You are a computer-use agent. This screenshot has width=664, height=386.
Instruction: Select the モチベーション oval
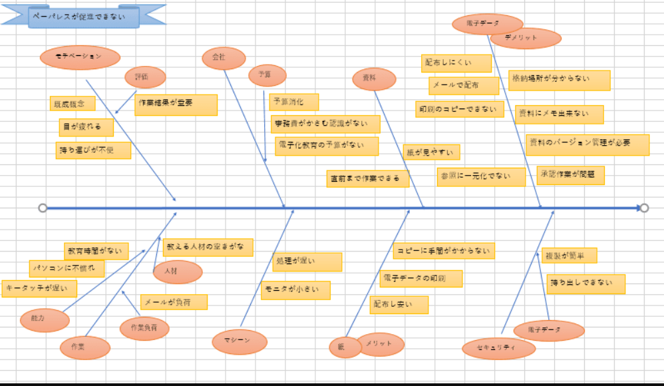[80, 57]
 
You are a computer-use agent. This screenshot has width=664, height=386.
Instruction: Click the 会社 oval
[220, 58]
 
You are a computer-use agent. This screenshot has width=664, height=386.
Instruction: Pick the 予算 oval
[267, 75]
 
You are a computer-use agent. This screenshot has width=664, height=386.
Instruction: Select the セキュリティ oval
[498, 348]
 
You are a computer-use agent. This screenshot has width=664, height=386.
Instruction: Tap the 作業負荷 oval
[144, 328]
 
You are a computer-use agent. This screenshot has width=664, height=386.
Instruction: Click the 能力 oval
[45, 320]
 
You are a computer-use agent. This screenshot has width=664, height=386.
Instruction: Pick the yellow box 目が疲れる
[86, 127]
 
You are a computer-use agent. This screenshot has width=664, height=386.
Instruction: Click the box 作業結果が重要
[176, 104]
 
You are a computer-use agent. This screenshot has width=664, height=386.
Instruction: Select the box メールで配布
[463, 86]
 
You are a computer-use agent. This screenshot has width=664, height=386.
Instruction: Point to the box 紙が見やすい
[431, 152]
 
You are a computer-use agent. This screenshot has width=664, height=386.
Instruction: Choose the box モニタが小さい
[295, 291]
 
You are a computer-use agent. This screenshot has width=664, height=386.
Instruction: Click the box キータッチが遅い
[39, 289]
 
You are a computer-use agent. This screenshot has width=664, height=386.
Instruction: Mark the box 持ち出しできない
[586, 284]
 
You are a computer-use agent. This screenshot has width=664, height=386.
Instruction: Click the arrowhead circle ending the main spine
[644, 208]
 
